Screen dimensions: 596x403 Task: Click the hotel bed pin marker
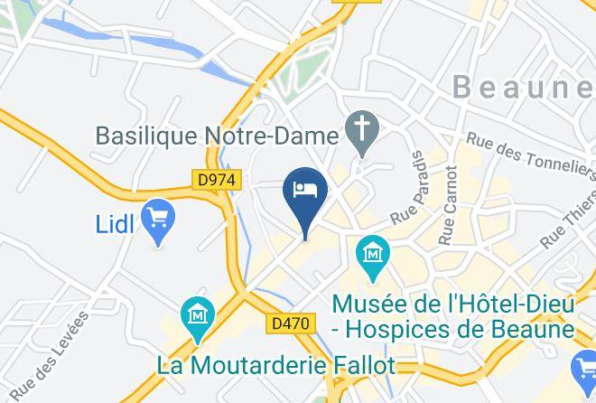click(x=305, y=192)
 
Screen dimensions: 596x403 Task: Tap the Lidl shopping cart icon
click(x=159, y=218)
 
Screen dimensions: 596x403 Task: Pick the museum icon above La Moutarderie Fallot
click(x=197, y=317)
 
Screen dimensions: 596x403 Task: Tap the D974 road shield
click(x=217, y=181)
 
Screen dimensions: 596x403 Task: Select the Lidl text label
click(x=116, y=224)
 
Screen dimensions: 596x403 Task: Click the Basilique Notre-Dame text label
click(x=217, y=136)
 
